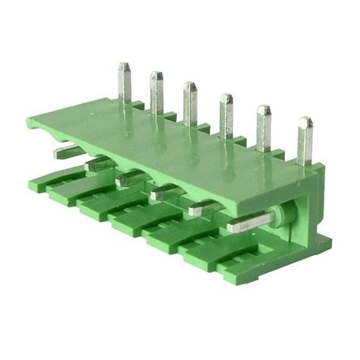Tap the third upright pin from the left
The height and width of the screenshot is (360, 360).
point(190,101)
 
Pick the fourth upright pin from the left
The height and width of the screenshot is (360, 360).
point(226,112)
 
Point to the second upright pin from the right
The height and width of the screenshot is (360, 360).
point(264,125)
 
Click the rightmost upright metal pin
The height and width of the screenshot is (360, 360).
point(305,138)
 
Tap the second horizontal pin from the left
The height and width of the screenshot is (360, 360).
point(99,163)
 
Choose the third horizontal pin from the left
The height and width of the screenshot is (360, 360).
point(131,178)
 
